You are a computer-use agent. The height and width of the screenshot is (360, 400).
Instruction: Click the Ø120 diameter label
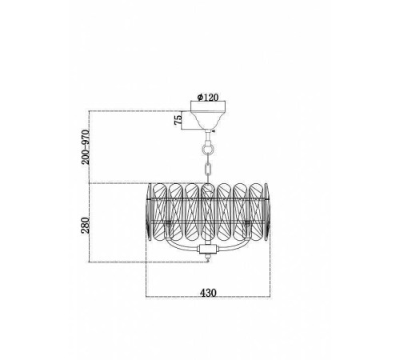208,98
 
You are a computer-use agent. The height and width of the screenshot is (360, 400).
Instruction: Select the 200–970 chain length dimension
86,147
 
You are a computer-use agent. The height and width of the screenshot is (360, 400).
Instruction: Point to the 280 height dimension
86,226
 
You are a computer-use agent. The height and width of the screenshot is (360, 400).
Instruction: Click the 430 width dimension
208,293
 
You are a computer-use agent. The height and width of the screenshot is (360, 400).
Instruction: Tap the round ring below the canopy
208,149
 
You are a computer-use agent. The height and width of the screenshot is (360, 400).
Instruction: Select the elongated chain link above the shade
208,169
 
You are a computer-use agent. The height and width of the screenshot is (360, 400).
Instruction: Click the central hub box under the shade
208,250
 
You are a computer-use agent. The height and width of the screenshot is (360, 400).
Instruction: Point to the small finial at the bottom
208,258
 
